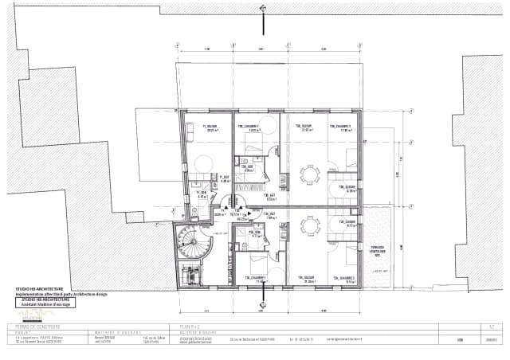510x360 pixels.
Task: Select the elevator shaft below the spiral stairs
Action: tap(190, 272)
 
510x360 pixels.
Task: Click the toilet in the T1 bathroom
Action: tap(194, 212)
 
